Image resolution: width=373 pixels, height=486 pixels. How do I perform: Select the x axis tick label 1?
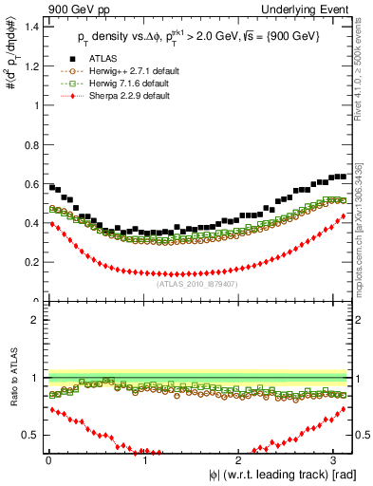coord(142,460)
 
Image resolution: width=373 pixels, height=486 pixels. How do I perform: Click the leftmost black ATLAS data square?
coord(51,187)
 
